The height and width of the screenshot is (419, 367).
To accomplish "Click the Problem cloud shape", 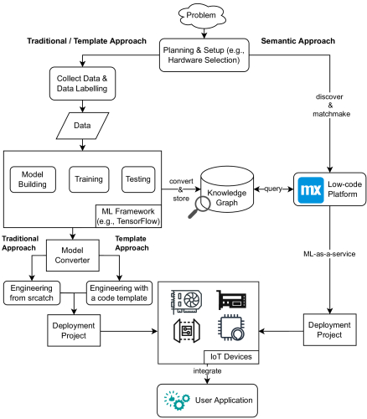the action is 202,15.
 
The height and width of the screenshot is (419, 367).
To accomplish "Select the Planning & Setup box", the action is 204,55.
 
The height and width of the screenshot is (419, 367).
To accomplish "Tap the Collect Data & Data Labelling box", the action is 82,83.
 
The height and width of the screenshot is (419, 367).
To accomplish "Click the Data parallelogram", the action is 82,126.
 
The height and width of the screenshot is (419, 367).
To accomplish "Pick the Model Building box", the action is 33,179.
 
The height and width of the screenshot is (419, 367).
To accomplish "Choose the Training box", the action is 89,179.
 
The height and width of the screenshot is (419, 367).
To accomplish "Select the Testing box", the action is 138,179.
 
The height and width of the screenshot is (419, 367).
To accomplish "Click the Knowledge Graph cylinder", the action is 227,189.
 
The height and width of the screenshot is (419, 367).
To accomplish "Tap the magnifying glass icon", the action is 199,207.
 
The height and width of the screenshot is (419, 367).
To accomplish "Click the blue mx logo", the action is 311,190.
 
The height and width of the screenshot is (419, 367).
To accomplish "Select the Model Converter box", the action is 73,256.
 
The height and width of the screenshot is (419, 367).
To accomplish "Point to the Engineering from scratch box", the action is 32,293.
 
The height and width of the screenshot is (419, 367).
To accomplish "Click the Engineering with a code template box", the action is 119,293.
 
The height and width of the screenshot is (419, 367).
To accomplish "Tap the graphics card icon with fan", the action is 186,302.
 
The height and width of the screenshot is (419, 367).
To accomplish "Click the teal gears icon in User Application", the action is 177,401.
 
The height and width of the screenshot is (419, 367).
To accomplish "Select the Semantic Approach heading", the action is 298,41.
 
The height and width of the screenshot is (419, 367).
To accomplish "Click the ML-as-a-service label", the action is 329,254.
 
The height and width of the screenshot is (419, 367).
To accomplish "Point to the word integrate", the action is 207,371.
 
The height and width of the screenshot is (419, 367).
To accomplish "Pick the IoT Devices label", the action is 231,357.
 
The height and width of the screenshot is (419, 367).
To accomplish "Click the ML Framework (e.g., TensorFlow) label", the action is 128,216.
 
